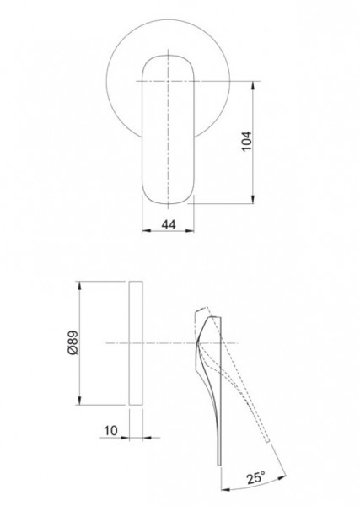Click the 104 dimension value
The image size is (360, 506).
247,142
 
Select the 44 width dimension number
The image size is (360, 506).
169,224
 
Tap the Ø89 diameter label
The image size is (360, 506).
73,342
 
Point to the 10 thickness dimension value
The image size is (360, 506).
111,430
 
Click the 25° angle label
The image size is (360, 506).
256,477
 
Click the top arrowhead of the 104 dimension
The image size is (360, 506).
253,85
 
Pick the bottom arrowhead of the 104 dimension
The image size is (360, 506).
253,200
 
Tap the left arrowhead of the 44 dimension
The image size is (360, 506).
147,231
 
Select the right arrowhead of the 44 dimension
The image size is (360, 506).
190,231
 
